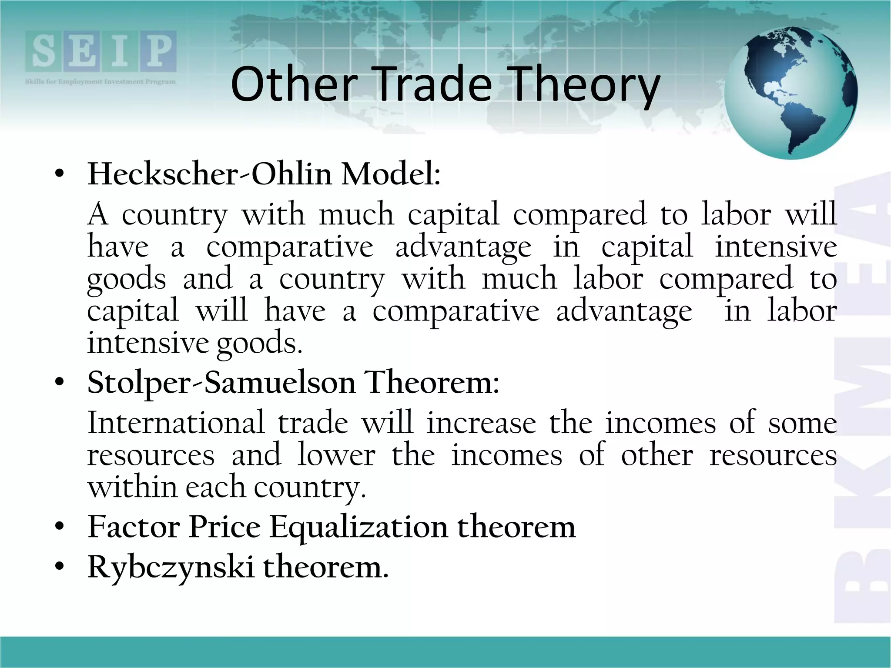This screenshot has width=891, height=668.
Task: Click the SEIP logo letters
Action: (x=100, y=51)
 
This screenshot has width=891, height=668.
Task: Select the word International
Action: (x=176, y=423)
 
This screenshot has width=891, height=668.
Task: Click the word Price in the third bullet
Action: (x=224, y=527)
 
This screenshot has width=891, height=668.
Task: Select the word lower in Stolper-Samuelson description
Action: (x=336, y=455)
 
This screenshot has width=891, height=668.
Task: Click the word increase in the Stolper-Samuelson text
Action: (x=481, y=423)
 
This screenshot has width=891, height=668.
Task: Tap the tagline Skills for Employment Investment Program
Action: (x=100, y=82)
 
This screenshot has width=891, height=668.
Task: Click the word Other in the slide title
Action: (x=294, y=84)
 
